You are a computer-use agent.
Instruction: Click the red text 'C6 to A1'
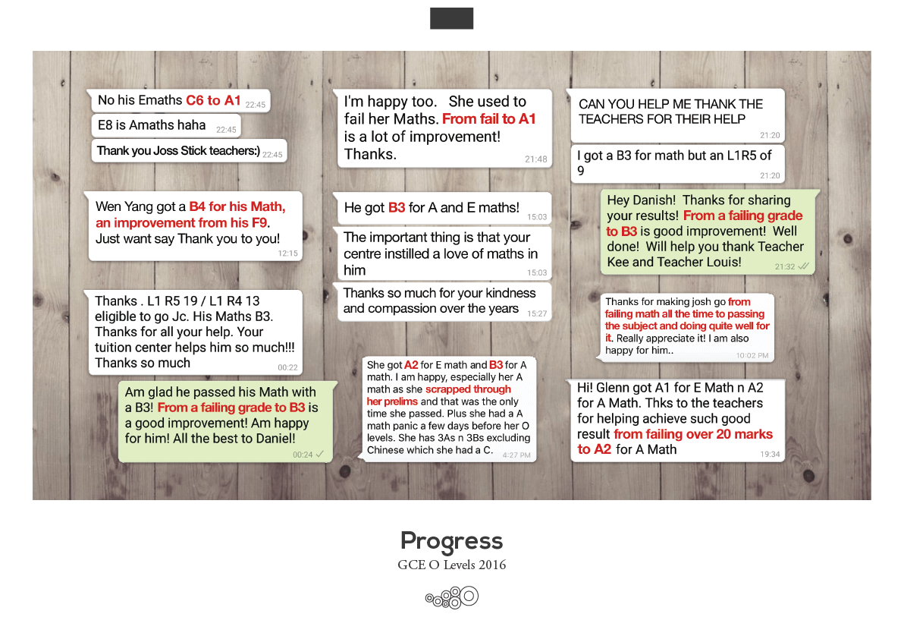(213, 100)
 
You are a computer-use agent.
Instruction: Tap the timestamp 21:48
(535, 159)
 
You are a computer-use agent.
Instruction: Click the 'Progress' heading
(451, 541)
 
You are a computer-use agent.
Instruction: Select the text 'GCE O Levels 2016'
(451, 565)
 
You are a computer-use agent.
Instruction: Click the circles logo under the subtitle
(452, 597)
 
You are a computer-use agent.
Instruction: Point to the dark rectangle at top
(451, 18)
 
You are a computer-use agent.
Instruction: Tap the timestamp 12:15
(288, 253)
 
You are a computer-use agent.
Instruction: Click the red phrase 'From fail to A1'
(488, 119)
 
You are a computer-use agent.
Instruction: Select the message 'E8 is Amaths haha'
(152, 125)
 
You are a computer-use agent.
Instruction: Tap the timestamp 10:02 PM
(752, 355)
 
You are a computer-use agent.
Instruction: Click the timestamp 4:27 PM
(516, 455)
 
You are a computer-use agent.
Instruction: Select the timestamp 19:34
(770, 454)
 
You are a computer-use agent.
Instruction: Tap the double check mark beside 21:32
(803, 266)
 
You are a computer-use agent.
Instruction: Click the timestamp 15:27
(537, 313)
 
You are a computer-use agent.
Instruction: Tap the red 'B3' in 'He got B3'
(397, 207)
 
